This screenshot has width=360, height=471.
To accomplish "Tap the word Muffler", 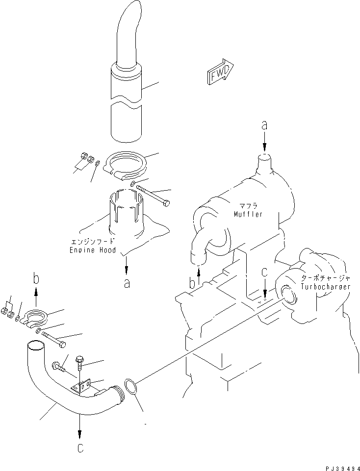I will tap(248, 214).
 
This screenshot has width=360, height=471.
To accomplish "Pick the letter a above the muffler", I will tap(264, 125).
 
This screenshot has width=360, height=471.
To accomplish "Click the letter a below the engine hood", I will tap(127, 283).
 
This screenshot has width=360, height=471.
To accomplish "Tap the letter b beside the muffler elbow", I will tap(192, 283).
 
